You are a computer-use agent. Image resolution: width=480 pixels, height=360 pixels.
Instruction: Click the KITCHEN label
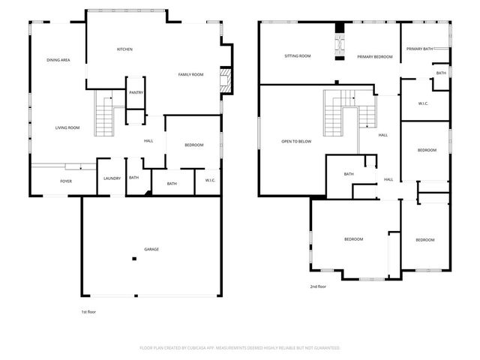point(124,49)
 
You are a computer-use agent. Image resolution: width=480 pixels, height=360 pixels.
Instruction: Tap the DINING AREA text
point(58,60)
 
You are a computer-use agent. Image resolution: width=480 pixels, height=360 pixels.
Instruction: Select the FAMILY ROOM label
point(190,74)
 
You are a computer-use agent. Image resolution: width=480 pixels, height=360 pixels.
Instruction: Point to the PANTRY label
point(136,92)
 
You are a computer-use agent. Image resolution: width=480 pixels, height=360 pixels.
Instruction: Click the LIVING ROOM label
point(67,127)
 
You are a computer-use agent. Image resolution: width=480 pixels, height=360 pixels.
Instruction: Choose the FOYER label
point(67,181)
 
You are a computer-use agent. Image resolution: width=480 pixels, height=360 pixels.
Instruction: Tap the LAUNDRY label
point(112,178)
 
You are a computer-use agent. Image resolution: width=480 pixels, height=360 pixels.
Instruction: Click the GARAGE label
point(151,249)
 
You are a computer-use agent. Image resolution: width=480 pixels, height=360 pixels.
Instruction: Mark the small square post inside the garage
point(134,259)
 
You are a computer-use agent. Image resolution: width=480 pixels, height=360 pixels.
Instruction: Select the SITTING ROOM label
point(298,56)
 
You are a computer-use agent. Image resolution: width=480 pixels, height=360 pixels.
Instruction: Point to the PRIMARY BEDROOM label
point(375,56)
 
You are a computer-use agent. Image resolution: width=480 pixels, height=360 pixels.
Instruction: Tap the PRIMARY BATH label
point(420,49)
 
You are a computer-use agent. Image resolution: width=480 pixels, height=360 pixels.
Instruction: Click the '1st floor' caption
point(88,311)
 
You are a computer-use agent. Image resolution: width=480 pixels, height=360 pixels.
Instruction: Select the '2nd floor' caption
point(318,286)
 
